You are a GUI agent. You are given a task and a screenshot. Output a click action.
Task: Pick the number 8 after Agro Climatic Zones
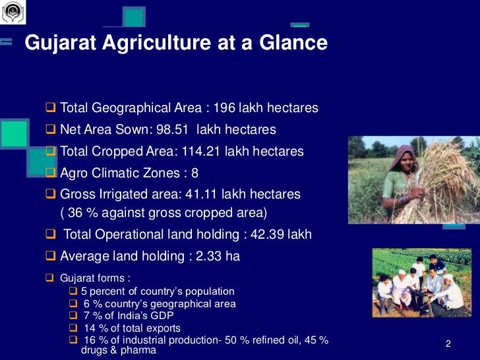click(x=195, y=173)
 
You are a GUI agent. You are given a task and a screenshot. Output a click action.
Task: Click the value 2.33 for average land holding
click(x=209, y=256)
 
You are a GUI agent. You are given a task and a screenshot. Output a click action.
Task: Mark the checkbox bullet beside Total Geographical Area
click(x=51, y=107)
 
